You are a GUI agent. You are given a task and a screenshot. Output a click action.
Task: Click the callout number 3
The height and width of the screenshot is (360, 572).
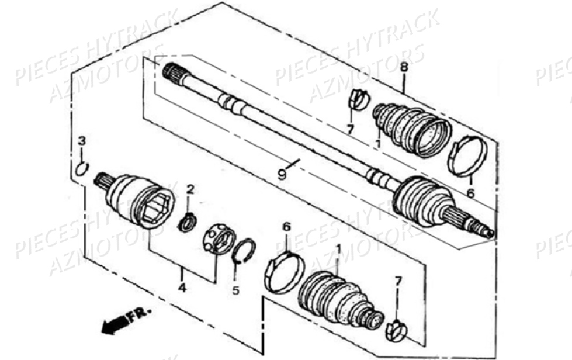(x=82, y=140)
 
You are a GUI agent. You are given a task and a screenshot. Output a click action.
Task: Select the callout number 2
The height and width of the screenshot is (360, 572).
(x=190, y=189)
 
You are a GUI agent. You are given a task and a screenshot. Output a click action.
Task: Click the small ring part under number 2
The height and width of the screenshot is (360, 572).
(x=188, y=223)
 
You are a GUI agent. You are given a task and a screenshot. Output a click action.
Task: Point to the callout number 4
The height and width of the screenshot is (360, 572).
(x=182, y=288)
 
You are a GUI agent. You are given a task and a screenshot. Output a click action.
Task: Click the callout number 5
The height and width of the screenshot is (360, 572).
(x=235, y=290)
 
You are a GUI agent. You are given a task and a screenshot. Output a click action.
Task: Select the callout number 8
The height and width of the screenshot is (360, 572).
(x=404, y=67)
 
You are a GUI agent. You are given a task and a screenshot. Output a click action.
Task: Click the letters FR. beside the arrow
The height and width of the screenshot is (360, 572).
(x=139, y=314)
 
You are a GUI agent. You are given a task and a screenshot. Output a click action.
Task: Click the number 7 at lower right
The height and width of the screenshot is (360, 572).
(x=398, y=281)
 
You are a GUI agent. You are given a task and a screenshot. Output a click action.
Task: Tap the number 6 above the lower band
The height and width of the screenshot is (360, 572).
(x=287, y=227)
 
